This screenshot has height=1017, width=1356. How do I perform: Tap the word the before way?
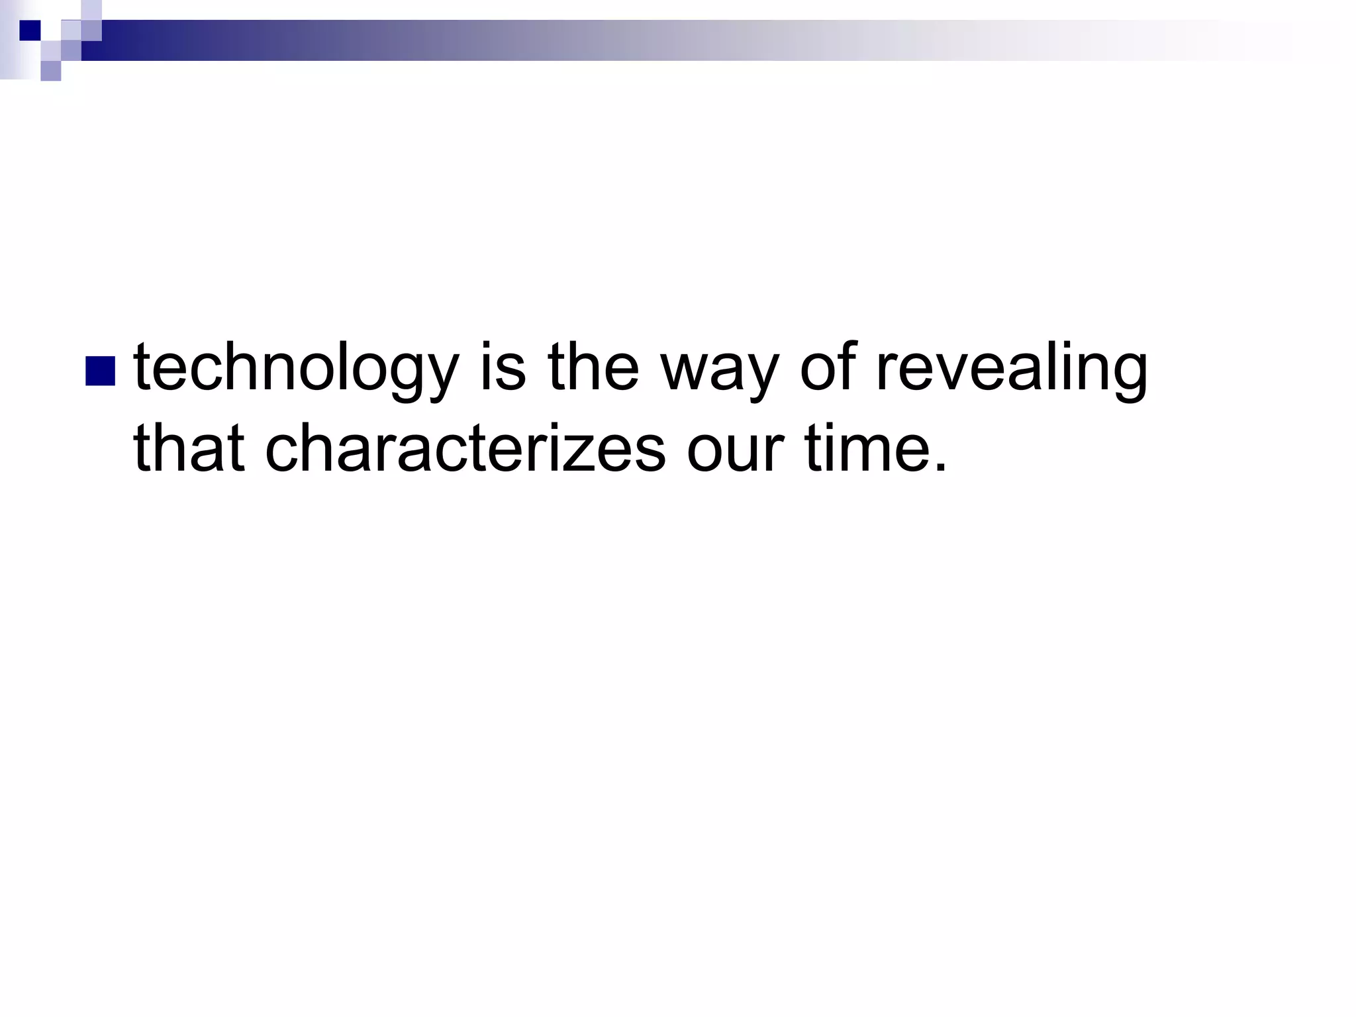point(593,367)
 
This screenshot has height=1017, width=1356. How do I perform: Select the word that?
point(189,449)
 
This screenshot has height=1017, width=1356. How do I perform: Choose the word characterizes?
point(465,449)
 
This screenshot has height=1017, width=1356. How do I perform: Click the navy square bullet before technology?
point(101,371)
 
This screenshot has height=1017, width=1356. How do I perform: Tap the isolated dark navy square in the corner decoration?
point(30,30)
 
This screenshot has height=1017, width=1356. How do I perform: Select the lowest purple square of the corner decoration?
point(51,71)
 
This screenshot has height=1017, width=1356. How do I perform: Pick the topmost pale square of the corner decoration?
point(92,9)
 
